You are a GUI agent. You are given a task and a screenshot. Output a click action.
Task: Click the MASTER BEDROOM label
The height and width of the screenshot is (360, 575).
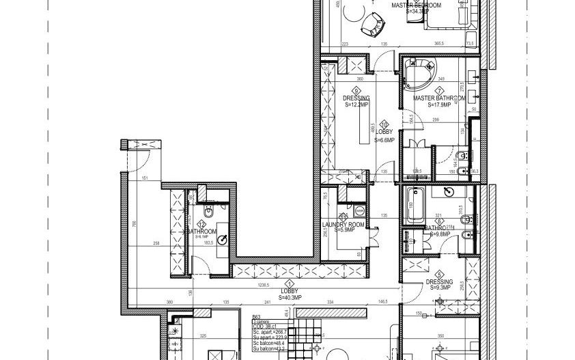click(417, 5)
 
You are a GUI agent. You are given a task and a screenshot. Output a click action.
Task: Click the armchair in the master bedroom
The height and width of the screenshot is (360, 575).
click(372, 24)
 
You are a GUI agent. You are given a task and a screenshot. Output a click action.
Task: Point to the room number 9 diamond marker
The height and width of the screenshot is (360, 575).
click(356, 90)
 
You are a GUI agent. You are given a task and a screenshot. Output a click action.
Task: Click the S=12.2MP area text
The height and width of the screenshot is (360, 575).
click(356, 106)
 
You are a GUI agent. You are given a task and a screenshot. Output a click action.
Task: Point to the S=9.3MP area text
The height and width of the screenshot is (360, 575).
click(439, 288)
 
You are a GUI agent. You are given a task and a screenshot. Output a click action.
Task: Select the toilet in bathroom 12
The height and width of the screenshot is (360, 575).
click(210, 214)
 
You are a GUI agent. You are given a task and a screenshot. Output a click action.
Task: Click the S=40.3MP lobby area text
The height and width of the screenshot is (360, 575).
click(290, 298)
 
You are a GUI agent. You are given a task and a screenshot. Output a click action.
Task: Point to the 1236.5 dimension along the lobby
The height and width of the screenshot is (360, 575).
click(264, 286)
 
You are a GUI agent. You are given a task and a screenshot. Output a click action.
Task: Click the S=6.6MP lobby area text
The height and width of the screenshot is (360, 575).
click(384, 139)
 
